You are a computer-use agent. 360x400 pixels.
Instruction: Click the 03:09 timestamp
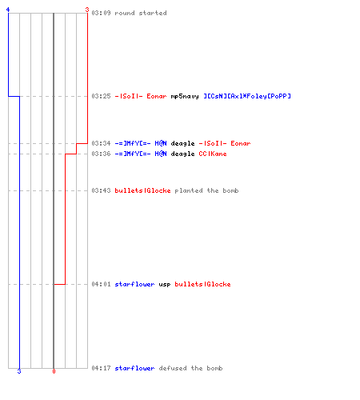tap(101, 13)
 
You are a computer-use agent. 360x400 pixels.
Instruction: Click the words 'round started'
tap(141, 13)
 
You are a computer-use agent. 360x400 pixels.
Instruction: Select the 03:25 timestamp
tap(101, 96)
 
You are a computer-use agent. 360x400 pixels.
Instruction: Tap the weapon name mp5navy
tap(185, 96)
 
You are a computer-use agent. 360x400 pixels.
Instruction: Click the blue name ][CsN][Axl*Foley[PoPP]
tap(247, 96)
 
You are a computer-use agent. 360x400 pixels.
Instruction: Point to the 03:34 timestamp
tap(101, 143)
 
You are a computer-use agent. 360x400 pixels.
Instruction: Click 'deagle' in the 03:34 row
tap(183, 144)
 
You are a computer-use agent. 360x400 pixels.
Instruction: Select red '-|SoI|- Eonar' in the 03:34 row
tap(225, 143)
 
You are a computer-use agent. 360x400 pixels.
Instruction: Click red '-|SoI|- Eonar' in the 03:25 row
tap(141, 96)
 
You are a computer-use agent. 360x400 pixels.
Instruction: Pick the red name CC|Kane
tap(213, 154)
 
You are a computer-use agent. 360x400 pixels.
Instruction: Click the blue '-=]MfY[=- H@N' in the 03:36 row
tap(141, 154)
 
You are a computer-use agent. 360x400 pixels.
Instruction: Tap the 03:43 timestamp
tap(101, 190)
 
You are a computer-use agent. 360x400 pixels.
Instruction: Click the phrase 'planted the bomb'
tap(206, 191)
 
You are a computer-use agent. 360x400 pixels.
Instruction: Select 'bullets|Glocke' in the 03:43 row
tap(142, 190)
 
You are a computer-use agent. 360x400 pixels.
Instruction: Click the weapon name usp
tap(165, 285)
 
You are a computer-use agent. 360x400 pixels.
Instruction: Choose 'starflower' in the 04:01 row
tap(134, 284)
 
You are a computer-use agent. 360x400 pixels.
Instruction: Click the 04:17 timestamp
tap(101, 368)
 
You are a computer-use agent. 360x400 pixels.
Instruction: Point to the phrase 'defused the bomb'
tap(190, 368)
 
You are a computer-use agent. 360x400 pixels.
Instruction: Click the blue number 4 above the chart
tap(8, 10)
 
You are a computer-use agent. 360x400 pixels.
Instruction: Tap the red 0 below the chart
tap(54, 371)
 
